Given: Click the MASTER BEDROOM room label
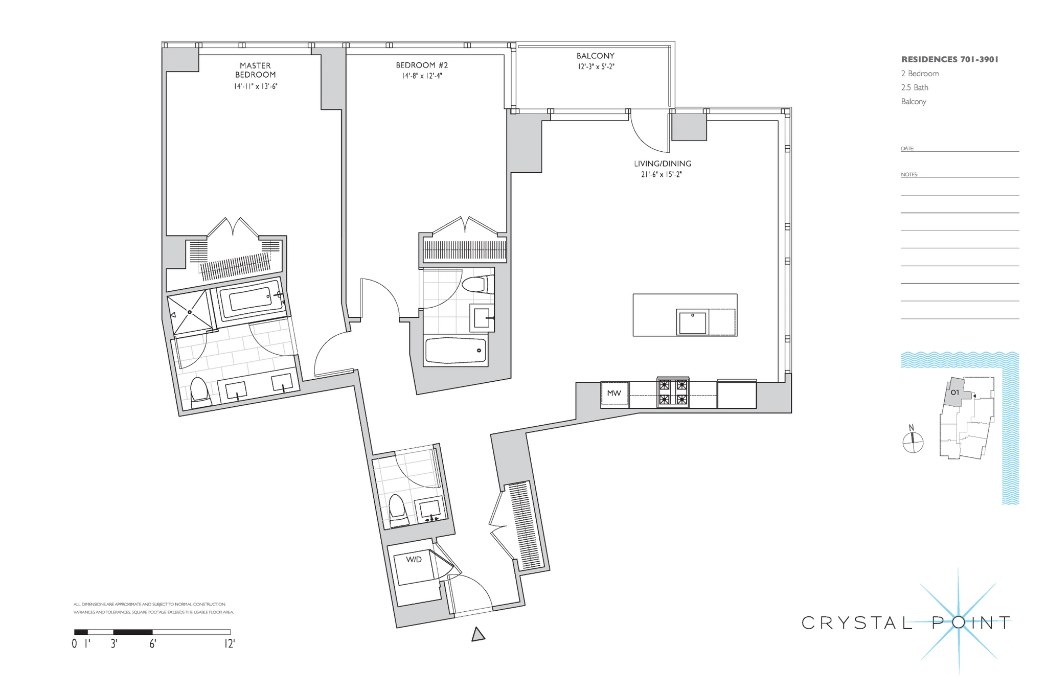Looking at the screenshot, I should point(255,70).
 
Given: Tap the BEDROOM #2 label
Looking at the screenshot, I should point(422,65).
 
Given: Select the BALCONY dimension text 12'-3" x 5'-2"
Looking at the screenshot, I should point(596,66).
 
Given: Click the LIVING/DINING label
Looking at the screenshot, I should point(662,164).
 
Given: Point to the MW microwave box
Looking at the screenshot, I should point(614,394).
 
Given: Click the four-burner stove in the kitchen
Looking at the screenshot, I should point(673,393).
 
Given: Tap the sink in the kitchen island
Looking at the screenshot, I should point(692,322).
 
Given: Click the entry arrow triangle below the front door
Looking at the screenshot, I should point(477,635).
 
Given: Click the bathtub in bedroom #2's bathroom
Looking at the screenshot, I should point(456,351).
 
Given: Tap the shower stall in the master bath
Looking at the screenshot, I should point(190,312).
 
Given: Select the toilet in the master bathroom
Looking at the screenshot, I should point(200,391).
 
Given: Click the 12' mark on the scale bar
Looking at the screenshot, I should point(229,644).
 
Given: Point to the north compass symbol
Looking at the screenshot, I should point(913,442).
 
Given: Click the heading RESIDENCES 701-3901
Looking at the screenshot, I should point(949,59).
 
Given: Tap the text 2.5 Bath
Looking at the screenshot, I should point(915,87).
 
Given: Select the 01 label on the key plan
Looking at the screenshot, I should point(954,393).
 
